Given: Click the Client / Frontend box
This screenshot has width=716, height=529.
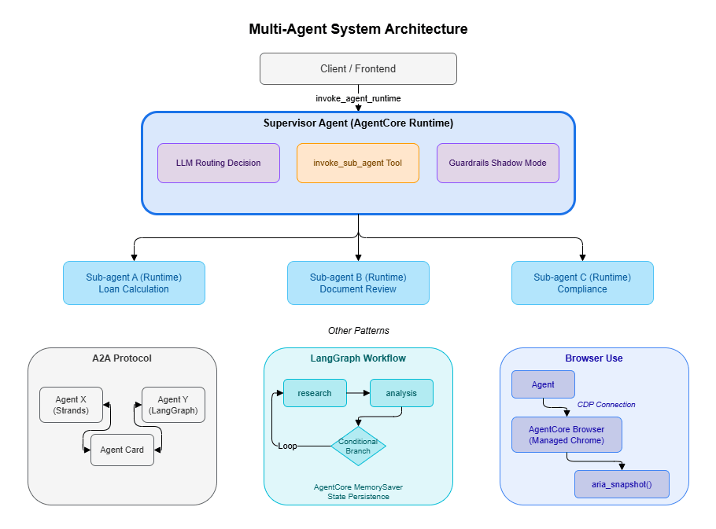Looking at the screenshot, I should pos(358,69).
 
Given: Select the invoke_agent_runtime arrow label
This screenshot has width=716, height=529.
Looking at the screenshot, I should pos(358,98).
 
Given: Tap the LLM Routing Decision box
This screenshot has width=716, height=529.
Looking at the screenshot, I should pos(219,163).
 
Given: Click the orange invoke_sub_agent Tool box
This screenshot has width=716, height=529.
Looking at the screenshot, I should pos(358,163).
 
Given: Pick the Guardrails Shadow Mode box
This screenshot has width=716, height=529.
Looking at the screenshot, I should pos(497,163).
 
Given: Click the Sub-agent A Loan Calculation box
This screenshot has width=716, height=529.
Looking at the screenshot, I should pos(134,283).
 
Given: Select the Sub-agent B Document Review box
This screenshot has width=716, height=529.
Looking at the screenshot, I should pos(358,283).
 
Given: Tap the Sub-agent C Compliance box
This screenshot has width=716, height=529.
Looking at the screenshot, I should pos(582,283).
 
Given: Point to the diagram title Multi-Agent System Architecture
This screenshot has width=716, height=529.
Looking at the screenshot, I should pos(358,30).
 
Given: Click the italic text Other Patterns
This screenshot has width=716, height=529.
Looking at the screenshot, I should pos(358,331).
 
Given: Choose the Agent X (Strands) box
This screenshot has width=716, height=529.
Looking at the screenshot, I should pos(72,405).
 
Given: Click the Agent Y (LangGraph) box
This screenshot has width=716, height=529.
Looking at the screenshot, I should pos(173,405).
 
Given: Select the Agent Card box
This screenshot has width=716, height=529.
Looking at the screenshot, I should pos(122,450).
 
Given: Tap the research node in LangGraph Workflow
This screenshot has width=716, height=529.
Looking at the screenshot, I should pos(315,393).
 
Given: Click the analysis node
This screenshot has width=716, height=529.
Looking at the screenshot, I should pos(401,393).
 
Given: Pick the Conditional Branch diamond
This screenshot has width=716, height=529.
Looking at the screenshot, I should pos(358,446).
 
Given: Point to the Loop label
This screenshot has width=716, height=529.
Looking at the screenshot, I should pos(287,446).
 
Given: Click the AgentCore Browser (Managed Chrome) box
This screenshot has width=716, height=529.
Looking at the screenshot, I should pos(567,435).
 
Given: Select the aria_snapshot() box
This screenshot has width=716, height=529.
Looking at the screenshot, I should pos(622,484).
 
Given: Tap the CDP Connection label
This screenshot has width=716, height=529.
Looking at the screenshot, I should pos(606,405).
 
